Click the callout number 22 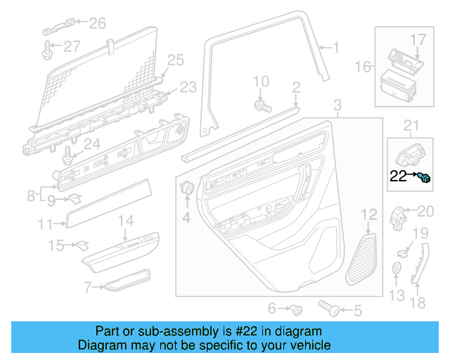[398, 176]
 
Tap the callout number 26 [97, 23]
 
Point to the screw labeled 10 [263, 105]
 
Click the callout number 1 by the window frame [335, 48]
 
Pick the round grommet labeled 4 [188, 189]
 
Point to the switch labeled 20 [400, 215]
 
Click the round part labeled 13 [397, 268]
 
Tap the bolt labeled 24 [68, 153]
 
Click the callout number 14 [124, 221]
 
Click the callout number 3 [337, 105]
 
